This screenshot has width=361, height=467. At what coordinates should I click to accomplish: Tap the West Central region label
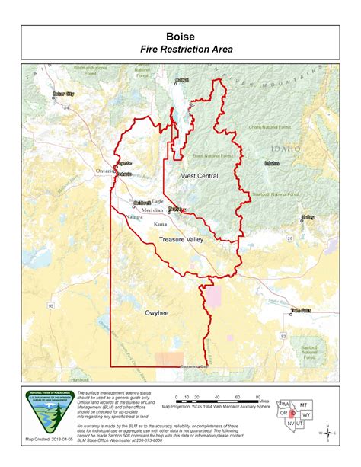200,176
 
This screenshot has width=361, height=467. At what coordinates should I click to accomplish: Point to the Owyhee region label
156,312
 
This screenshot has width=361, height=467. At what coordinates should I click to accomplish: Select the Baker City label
63,94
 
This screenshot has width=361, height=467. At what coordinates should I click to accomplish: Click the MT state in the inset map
302,404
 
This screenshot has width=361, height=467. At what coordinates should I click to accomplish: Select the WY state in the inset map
306,414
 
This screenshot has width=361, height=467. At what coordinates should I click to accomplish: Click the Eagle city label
157,200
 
